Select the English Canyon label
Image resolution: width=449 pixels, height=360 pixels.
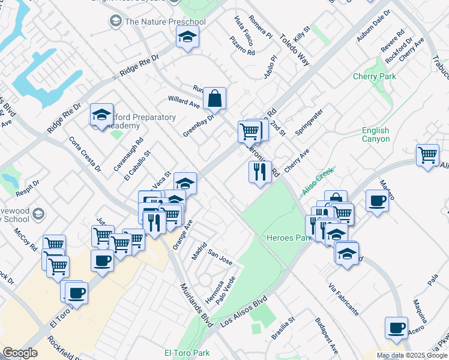[x=376, y=134]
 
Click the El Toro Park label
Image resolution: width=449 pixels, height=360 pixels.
[x=187, y=353]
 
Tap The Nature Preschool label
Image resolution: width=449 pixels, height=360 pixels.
[x=164, y=22]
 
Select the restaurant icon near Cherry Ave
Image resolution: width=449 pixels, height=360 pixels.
[x=260, y=172]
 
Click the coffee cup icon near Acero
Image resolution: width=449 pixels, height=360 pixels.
[x=396, y=328]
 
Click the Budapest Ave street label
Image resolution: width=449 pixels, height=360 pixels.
[x=327, y=335]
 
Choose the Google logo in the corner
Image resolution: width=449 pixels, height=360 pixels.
[x=20, y=353]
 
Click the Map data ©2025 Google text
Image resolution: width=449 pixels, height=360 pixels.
[x=412, y=355]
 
